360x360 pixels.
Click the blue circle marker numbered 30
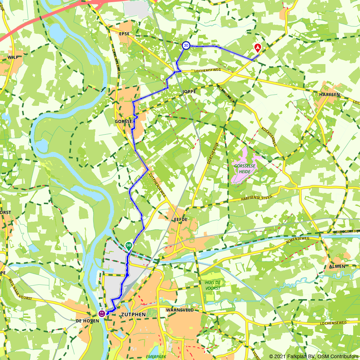coord(186,45)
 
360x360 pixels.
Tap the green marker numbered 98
coord(129,246)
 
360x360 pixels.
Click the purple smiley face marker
coord(102,314)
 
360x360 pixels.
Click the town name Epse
coord(123,34)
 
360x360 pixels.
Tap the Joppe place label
coord(189,92)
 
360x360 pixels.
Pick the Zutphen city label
coord(134,315)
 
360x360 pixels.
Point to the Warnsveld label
coord(180,310)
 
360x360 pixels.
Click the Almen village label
coord(337,266)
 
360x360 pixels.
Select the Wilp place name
coord(13,57)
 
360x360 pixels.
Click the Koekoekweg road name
coord(269,136)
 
